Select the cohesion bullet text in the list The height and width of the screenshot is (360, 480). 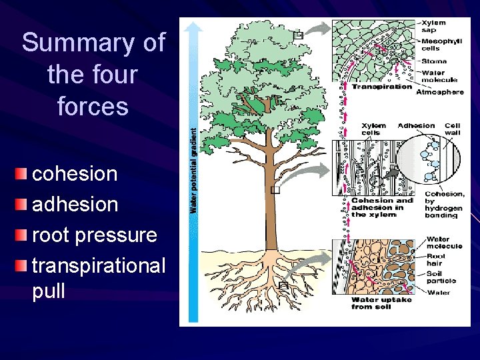75,174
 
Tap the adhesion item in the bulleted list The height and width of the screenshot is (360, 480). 75,204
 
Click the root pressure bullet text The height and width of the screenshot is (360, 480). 94,235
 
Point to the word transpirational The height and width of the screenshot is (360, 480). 99,265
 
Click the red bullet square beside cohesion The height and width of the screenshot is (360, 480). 23,175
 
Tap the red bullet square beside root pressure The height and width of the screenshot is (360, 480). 23,235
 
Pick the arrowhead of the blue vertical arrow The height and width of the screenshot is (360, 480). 193,26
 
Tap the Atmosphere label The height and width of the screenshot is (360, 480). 439,92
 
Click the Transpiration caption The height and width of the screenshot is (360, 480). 382,87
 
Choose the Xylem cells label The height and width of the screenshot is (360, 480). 373,129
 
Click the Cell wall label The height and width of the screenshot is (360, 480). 453,129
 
